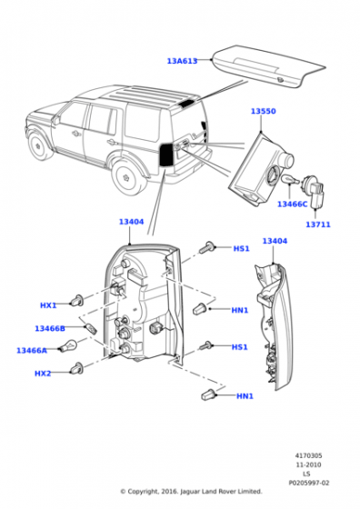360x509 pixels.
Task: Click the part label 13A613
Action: coord(182,61)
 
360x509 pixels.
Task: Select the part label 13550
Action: coord(264,111)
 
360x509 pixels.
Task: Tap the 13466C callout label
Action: coord(292,204)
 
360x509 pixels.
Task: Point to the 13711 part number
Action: coord(318,225)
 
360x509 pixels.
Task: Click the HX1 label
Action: coord(48,305)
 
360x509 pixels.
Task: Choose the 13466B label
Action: coord(50,328)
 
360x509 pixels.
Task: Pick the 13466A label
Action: coord(32,350)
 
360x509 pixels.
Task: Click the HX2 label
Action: coord(43,374)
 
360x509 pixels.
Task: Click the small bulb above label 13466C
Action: coord(290,179)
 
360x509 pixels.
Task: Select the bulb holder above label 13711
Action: coord(313,192)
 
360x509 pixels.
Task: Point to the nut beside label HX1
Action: coord(78,300)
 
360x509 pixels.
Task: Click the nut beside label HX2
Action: coord(76,368)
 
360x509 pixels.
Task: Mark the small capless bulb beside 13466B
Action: coord(91,329)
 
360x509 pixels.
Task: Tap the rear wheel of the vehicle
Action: coord(127,177)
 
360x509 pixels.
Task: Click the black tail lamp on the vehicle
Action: coord(166,155)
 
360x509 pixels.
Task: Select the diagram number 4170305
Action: coord(308,455)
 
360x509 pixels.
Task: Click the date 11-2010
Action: coord(308,464)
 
